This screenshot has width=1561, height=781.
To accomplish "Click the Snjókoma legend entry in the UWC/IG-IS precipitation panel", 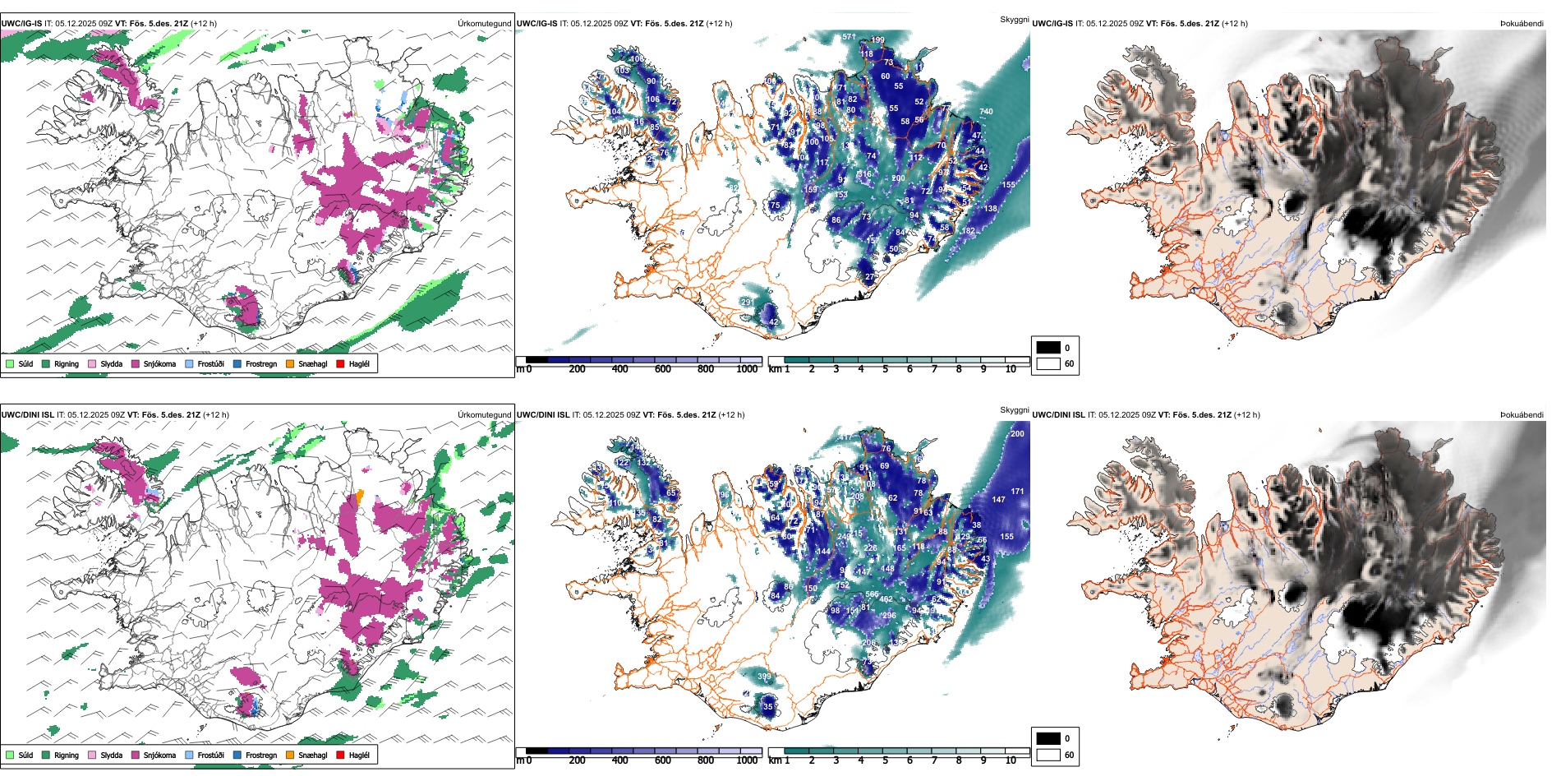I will pyautogui.click(x=159, y=363).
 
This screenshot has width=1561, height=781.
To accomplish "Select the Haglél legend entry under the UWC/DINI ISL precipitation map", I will pyautogui.click(x=358, y=755).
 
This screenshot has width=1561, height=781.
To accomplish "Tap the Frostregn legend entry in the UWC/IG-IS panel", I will pyautogui.click(x=260, y=363).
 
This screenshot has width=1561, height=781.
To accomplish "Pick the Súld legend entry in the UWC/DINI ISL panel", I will pyautogui.click(x=25, y=755).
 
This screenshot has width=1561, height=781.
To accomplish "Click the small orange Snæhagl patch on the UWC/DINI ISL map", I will pyautogui.click(x=359, y=496).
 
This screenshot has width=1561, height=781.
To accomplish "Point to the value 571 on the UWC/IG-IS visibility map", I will pyautogui.click(x=849, y=37).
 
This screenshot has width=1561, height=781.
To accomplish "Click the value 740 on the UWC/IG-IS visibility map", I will pyautogui.click(x=986, y=112).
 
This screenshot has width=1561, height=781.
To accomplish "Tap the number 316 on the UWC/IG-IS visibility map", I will pyautogui.click(x=864, y=174).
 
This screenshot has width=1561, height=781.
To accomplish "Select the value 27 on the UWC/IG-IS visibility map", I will pyautogui.click(x=869, y=277).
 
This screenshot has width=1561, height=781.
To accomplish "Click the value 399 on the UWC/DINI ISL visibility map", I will pyautogui.click(x=764, y=677).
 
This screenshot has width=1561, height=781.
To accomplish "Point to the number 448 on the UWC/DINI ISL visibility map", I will pyautogui.click(x=887, y=569).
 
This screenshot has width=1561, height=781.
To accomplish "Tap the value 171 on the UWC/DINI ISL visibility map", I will pyautogui.click(x=1017, y=492).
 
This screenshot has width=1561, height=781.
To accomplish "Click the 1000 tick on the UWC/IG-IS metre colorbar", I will pyautogui.click(x=747, y=369).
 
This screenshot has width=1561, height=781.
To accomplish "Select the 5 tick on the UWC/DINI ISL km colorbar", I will pyautogui.click(x=885, y=760).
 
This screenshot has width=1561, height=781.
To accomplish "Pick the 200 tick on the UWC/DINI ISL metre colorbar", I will pyautogui.click(x=577, y=760).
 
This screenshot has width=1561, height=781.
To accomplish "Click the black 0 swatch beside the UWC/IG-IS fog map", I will pyautogui.click(x=1048, y=348).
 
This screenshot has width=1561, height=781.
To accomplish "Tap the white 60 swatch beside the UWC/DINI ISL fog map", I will pyautogui.click(x=1048, y=755).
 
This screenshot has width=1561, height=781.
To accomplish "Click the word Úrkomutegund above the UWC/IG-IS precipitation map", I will pyautogui.click(x=484, y=24).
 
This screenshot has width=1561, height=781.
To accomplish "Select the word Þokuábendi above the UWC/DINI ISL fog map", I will pyautogui.click(x=1522, y=415).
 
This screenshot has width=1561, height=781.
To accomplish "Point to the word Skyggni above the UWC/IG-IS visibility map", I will pyautogui.click(x=1014, y=19).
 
